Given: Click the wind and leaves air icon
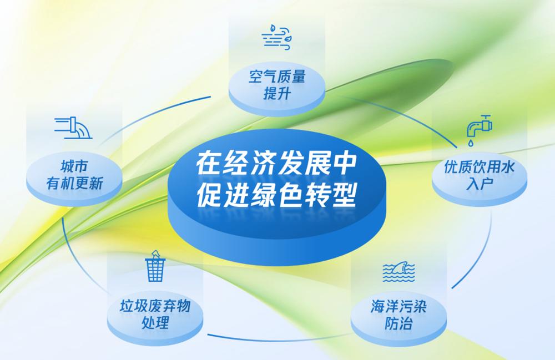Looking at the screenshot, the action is coord(277,37).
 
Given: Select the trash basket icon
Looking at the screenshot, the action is coord(155,266).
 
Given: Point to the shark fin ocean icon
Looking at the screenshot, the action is coord(398,272).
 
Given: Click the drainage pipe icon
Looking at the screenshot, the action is coord(73,128).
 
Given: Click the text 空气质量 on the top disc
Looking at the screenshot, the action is coord(277,77).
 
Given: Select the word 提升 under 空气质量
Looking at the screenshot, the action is coord(277,94).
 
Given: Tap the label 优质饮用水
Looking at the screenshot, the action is coord(480,168).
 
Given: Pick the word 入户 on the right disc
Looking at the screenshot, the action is coord(480,184).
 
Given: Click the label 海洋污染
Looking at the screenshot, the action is coord(398,306).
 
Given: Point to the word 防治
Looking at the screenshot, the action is coord(398,323).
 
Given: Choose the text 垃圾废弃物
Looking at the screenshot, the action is coord(155,306).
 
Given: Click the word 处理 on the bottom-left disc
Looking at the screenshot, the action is coord(155,322).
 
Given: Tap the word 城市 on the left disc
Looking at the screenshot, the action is coord(74,166).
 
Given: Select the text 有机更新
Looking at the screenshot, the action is coord(74,184).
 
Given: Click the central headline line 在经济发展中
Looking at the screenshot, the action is coord(276,164).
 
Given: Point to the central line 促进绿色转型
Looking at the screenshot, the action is coord(276,195).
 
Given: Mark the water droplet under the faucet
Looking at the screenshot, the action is coord(471,143).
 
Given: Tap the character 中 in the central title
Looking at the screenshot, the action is coord(344,164).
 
